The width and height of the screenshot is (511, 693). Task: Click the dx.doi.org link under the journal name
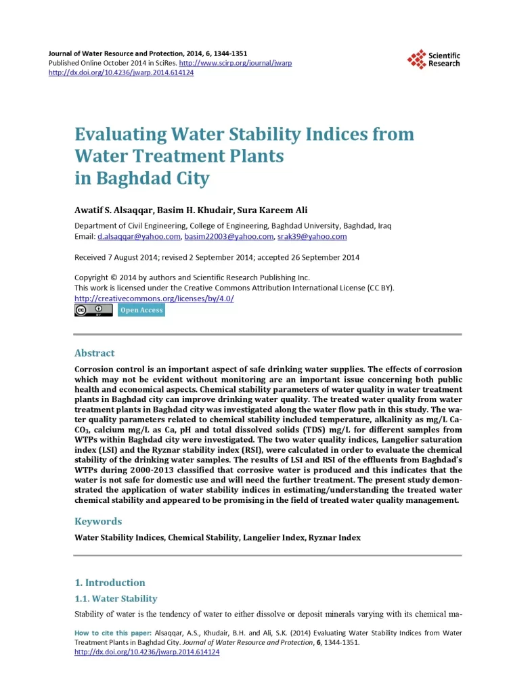(x=121, y=72)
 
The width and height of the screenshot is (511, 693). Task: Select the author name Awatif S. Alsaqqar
(x=112, y=210)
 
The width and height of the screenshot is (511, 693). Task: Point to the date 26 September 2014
(x=314, y=257)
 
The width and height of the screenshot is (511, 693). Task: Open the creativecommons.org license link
(x=154, y=298)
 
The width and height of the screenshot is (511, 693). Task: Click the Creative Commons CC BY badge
(x=93, y=310)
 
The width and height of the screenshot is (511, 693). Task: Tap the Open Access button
(x=141, y=310)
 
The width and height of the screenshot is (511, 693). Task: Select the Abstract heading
(x=94, y=353)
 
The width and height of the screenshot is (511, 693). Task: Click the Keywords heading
(x=98, y=521)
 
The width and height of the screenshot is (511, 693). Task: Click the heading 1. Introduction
(x=110, y=583)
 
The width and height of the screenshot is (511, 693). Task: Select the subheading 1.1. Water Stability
(x=116, y=599)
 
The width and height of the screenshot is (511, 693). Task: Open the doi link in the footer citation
(x=147, y=652)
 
